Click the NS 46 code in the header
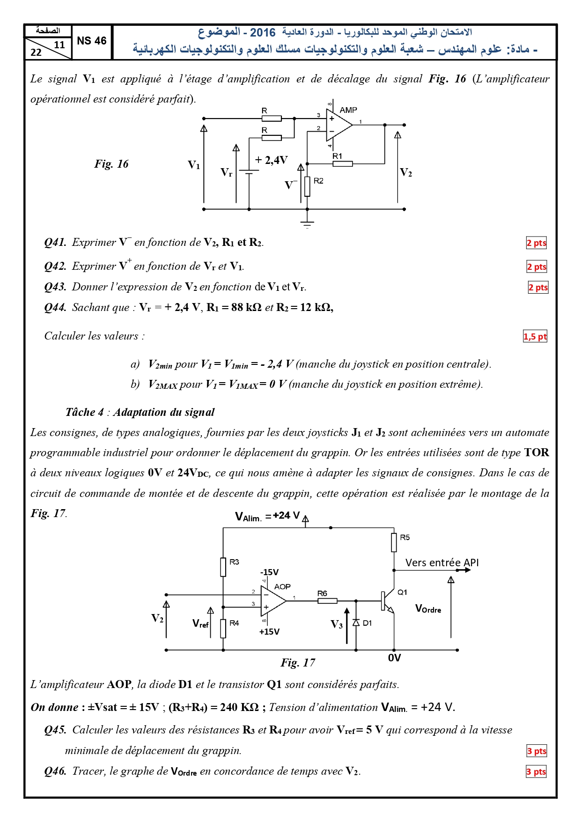92,41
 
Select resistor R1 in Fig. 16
343,163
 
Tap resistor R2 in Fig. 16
307,186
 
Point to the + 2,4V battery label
271,160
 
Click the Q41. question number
55,242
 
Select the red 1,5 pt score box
535,336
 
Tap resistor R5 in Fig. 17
394,542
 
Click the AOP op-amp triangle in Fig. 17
273,600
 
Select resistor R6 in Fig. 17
327,600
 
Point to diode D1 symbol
356,622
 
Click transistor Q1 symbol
388,601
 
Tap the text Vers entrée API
442,563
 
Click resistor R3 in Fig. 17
223,567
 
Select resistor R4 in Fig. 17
223,628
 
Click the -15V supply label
269,572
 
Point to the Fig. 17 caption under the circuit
298,662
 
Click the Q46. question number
55,771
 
